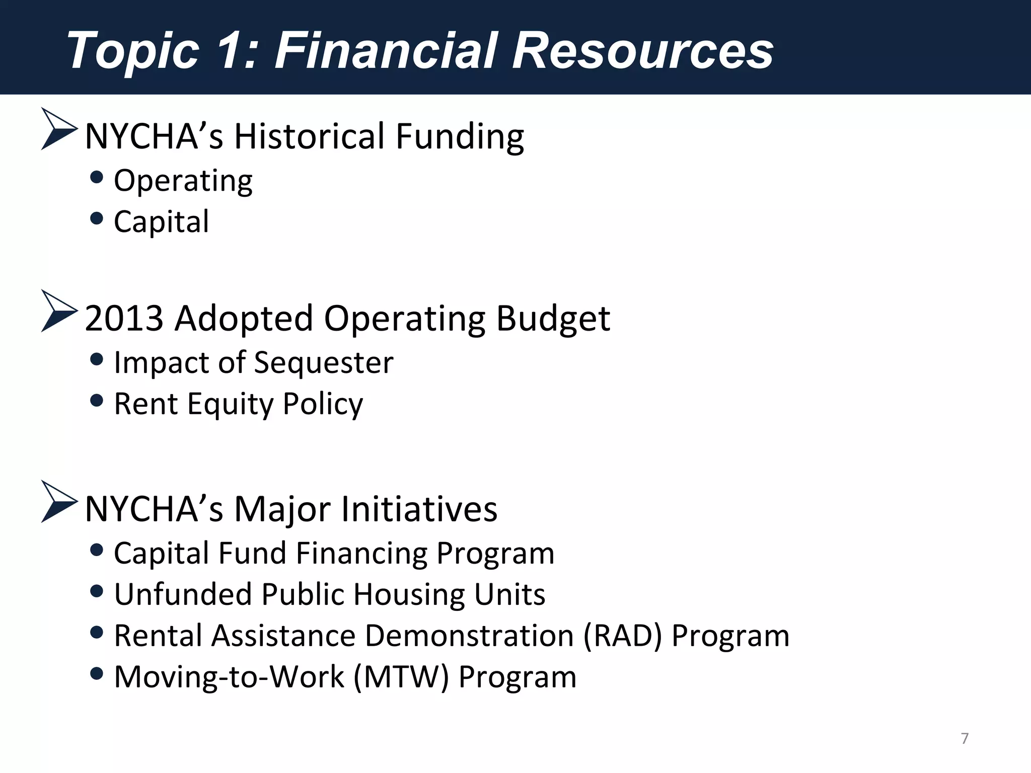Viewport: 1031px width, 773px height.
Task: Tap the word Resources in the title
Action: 642,50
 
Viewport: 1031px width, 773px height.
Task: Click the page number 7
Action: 965,738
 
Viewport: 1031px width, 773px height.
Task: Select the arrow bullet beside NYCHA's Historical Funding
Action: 58,129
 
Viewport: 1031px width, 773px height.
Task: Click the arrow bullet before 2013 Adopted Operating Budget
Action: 58,312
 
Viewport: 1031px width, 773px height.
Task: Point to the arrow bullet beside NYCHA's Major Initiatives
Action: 58,502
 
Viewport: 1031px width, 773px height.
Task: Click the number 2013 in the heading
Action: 124,319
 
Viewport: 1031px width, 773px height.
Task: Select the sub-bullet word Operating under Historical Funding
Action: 183,181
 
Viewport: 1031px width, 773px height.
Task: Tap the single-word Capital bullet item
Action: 161,221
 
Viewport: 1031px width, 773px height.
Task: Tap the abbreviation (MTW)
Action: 401,677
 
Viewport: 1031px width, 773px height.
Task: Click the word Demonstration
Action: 469,636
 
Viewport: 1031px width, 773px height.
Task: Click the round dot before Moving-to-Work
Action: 96,673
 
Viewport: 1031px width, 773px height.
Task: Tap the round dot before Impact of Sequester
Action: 96,359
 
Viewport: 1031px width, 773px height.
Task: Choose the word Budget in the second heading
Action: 553,319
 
